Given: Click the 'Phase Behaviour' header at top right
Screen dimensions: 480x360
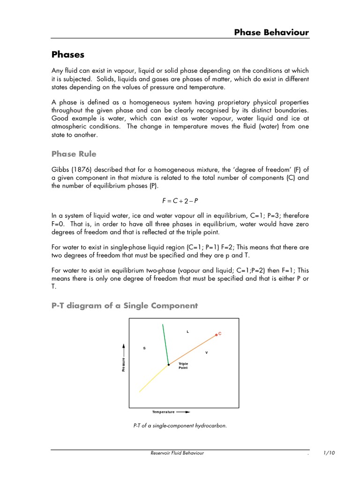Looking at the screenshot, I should coord(271,32).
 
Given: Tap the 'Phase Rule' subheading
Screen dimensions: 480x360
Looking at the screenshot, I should coord(74,154).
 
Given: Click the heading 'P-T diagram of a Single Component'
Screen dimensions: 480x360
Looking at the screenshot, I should coord(124,306).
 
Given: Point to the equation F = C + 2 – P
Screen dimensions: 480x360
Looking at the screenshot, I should coord(180,201).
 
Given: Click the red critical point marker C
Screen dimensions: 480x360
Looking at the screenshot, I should coord(217,334).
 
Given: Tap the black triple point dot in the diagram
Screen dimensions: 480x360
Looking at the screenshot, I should coord(169,364).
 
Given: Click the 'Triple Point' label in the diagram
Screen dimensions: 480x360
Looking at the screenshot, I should coord(183,366).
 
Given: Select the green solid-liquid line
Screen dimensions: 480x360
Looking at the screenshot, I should coord(165,344).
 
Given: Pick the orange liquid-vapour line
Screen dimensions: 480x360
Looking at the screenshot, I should coord(192,349).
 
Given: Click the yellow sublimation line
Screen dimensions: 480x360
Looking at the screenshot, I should coord(154,378).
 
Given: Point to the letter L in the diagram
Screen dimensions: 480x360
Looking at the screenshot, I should coord(187,331).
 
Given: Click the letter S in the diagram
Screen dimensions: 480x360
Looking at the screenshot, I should coord(144,348).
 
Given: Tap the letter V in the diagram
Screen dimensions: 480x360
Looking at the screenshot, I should coord(207,352).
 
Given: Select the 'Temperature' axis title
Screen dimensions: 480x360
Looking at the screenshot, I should coord(163,412).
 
